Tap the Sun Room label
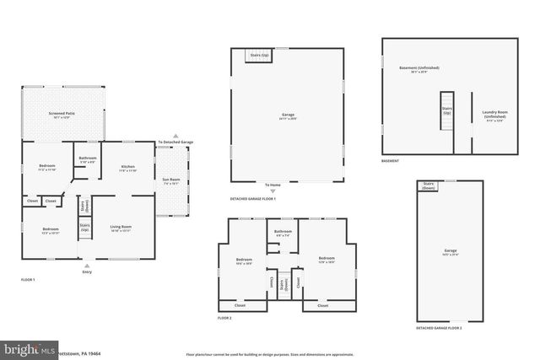(x=171, y=180)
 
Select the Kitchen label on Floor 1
(x=127, y=168)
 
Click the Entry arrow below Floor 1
(x=86, y=266)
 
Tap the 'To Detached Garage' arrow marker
(x=175, y=135)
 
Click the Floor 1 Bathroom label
(x=88, y=159)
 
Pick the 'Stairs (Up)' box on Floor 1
(x=84, y=227)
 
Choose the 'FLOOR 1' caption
(x=29, y=278)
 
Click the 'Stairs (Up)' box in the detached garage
(x=258, y=56)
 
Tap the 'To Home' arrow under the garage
(x=272, y=191)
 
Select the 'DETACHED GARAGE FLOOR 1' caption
(x=253, y=200)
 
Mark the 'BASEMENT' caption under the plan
(x=390, y=161)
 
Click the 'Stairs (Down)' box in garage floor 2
(x=429, y=185)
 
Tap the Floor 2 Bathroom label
(x=283, y=233)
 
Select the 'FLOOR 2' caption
(x=224, y=319)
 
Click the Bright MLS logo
(x=30, y=348)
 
